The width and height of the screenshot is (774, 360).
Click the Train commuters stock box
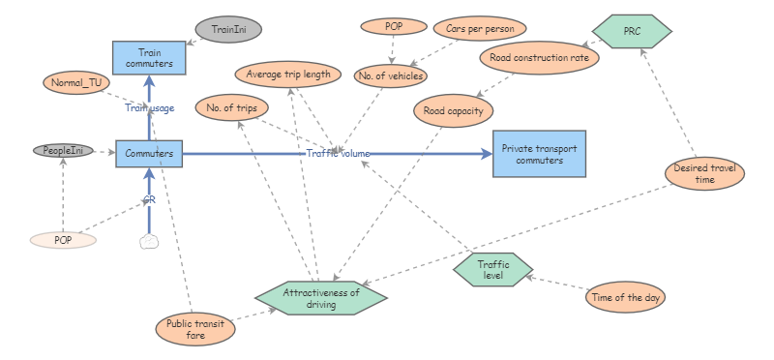tap(148, 58)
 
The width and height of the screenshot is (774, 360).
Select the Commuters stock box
tap(149, 153)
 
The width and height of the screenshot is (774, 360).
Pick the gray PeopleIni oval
tap(64, 151)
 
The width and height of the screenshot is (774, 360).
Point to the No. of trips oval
tap(231, 107)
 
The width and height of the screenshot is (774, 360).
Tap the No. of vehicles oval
tap(390, 75)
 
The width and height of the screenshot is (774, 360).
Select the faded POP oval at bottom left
tap(63, 239)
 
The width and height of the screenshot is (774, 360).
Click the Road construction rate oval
tap(540, 57)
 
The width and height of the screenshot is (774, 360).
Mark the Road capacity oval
tap(453, 110)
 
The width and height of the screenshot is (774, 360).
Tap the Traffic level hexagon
tap(493, 269)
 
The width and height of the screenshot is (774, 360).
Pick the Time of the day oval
tap(626, 298)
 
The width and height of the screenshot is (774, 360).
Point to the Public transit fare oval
tap(195, 329)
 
